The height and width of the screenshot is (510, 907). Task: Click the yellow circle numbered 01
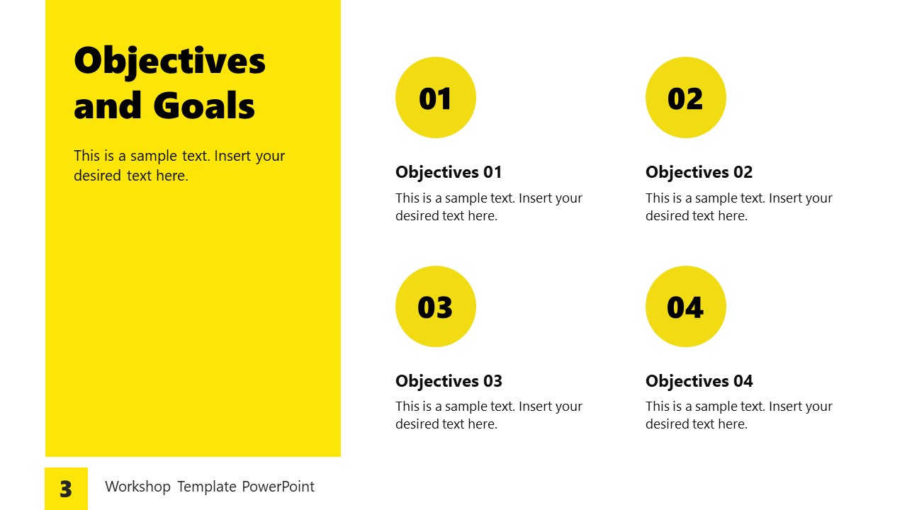click(x=435, y=98)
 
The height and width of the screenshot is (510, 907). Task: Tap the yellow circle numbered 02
click(x=685, y=98)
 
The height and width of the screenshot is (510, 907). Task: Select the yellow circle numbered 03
click(x=435, y=306)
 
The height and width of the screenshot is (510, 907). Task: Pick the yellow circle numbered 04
click(x=685, y=306)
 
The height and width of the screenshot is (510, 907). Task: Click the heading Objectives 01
click(x=449, y=172)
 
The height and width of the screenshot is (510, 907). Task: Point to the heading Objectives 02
click(x=699, y=172)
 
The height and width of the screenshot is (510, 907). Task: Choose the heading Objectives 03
click(x=449, y=381)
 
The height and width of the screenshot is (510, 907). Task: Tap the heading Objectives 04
click(x=699, y=381)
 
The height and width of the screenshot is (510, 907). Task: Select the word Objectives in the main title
click(x=169, y=62)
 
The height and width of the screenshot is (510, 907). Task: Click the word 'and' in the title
click(x=107, y=106)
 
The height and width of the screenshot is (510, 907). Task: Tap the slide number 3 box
click(x=66, y=489)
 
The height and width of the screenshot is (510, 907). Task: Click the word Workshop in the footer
click(x=137, y=487)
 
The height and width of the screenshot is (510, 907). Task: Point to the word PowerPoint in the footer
click(x=278, y=487)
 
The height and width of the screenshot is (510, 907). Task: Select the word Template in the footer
click(x=206, y=487)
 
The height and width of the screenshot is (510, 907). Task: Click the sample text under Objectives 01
click(x=488, y=207)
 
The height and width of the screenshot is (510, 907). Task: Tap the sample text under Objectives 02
click(x=738, y=207)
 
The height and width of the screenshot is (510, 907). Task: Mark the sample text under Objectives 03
click(x=488, y=415)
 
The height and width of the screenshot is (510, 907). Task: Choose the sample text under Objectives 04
click(x=738, y=415)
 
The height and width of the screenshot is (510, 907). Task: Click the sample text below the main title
click(x=179, y=166)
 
